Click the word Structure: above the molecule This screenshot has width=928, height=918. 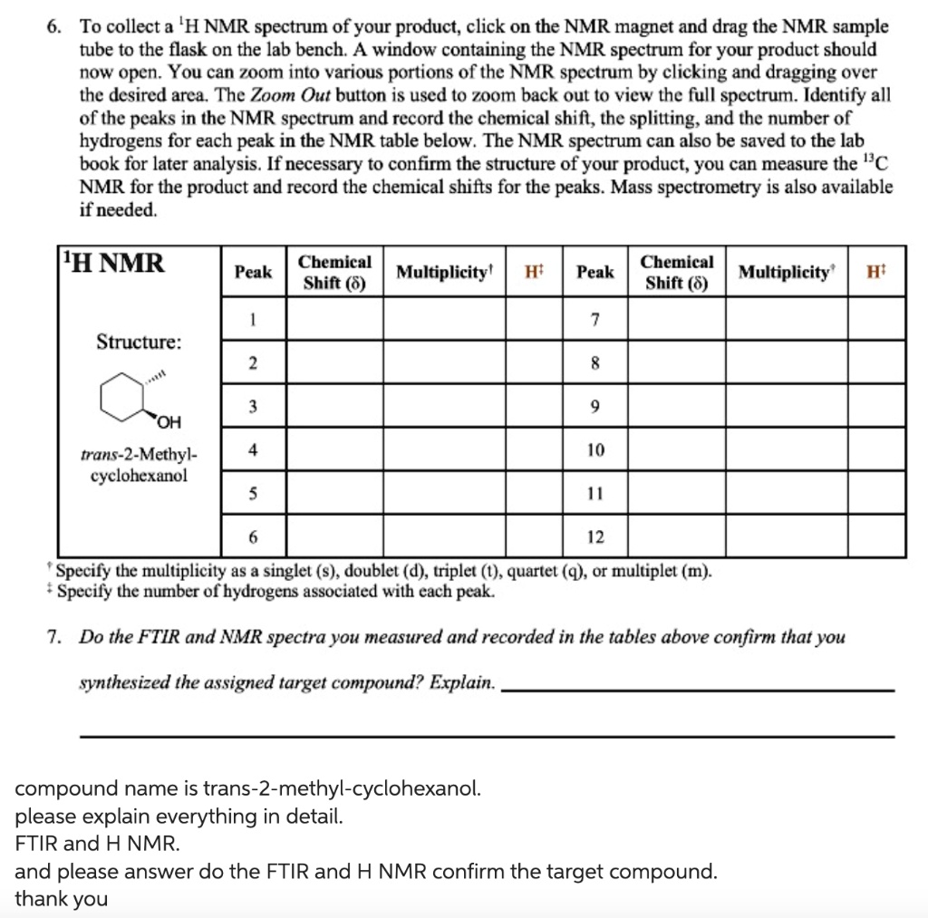tap(139, 342)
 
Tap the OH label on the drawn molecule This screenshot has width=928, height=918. tap(169, 421)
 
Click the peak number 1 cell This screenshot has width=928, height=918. tap(254, 318)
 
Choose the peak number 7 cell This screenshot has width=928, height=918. tap(595, 318)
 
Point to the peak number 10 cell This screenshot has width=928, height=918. tap(595, 449)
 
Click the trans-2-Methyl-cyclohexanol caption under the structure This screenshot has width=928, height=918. tap(139, 464)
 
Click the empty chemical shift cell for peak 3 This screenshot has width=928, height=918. tap(334, 406)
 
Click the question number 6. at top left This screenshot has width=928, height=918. tap(56, 27)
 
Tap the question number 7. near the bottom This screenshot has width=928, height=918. tap(56, 637)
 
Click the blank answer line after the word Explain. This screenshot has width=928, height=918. tap(698, 690)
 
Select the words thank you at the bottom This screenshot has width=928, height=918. tap(61, 899)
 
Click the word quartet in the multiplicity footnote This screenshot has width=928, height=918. tap(537, 572)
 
